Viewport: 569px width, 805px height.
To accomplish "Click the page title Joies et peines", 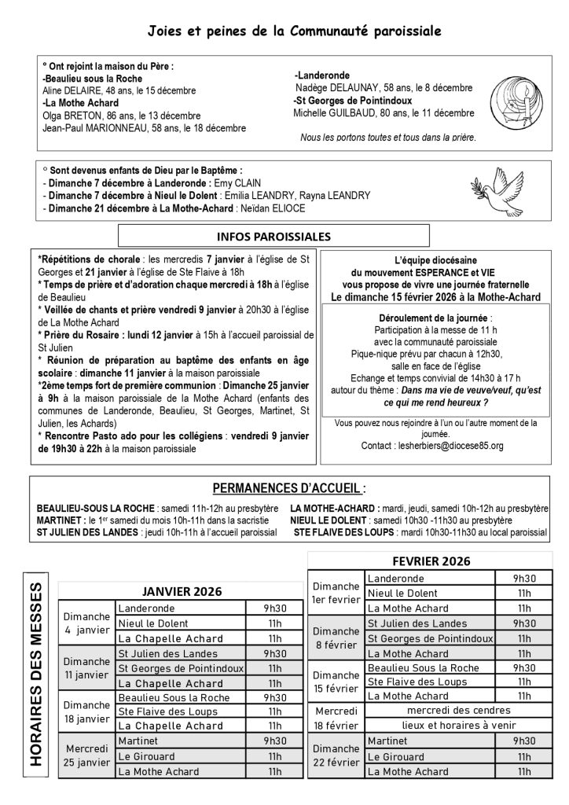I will [x=295, y=31].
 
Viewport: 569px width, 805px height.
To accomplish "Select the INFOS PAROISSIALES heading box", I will [x=273, y=236].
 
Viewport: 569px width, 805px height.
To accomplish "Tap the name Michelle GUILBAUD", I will [x=334, y=112].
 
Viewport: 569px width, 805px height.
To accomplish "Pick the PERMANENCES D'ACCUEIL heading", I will [x=290, y=487].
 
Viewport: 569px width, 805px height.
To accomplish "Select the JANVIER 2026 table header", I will [x=181, y=591].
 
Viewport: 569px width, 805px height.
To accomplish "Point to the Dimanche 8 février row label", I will [x=335, y=638].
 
